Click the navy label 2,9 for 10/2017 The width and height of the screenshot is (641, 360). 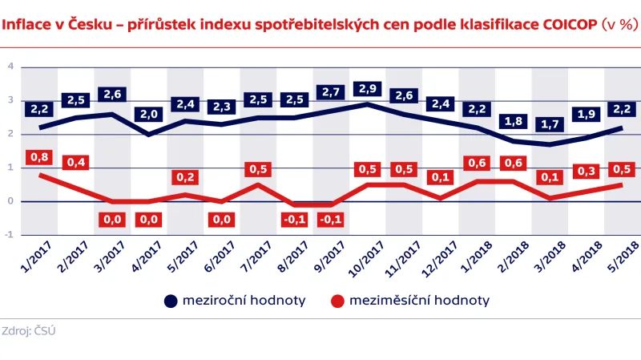tap(367, 88)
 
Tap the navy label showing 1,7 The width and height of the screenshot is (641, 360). tap(549, 124)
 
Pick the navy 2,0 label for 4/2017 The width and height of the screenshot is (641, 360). tap(148, 115)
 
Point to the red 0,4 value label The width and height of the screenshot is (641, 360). tap(76, 164)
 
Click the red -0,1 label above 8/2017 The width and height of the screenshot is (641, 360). tap(294, 220)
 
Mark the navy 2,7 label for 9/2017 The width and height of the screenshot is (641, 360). tap(331, 92)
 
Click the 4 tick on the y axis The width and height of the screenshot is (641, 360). tap(10, 67)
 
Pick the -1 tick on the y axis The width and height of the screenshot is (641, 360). tap(8, 235)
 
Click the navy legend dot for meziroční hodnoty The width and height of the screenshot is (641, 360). tap(170, 301)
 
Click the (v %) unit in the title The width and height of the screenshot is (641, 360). tap(620, 24)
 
